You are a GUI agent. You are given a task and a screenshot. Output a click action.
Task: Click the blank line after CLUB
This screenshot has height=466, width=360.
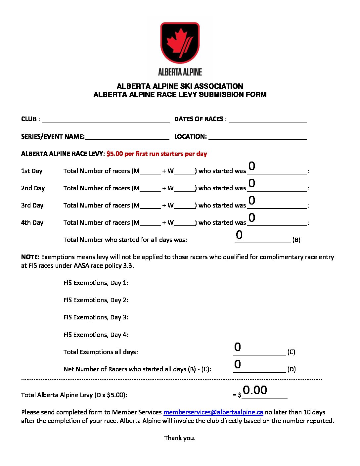click(106, 119)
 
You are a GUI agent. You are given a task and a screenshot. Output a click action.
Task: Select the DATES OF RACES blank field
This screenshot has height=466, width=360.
click(268, 119)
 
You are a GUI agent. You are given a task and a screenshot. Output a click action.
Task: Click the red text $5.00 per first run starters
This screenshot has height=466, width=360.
click(157, 154)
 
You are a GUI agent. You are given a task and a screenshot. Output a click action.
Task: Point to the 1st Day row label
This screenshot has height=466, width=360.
click(32, 171)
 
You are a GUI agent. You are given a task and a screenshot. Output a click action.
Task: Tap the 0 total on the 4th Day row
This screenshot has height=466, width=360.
click(252, 218)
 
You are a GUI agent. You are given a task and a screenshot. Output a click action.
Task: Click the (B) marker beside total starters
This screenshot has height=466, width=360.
click(296, 240)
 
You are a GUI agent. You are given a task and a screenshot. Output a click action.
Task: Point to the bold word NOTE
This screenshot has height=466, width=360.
click(30, 257)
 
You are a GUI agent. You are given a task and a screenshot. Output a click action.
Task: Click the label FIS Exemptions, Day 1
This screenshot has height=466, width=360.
click(96, 283)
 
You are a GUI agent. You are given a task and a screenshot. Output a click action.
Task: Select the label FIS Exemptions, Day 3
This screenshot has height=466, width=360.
click(96, 317)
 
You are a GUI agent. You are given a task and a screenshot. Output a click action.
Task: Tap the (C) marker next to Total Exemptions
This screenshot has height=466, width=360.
click(291, 352)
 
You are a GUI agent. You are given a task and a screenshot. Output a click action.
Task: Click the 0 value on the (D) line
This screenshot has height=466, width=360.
click(238, 364)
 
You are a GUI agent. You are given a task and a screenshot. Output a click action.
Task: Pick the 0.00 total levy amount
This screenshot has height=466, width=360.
click(255, 390)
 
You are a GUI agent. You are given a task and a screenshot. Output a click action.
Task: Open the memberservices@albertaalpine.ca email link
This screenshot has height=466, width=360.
click(213, 412)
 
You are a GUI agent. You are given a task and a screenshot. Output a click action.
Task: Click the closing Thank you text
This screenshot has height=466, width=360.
click(180, 438)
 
